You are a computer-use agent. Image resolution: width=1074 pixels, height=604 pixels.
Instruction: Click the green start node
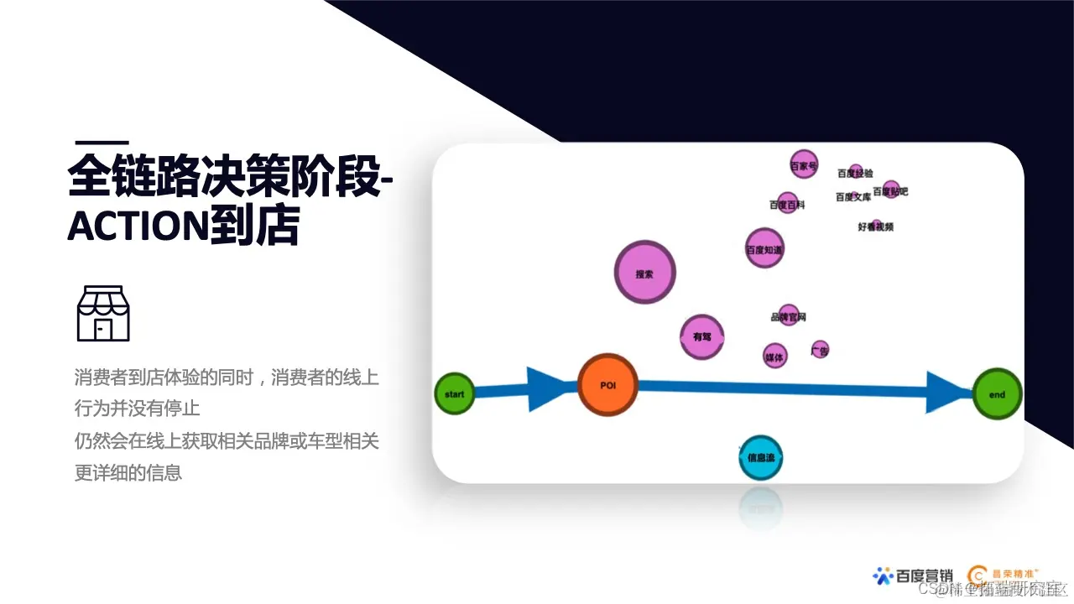pyautogui.click(x=455, y=393)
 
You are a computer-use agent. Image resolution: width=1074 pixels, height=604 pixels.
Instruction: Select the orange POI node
pyautogui.click(x=607, y=385)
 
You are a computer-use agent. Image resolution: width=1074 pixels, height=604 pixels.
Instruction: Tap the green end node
pyautogui.click(x=998, y=394)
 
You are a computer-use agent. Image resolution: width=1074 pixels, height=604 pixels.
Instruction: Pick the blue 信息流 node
pyautogui.click(x=761, y=458)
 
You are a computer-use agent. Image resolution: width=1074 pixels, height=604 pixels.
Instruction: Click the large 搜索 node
pyautogui.click(x=644, y=273)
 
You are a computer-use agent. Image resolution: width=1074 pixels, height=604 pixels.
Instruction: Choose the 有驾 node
pyautogui.click(x=701, y=337)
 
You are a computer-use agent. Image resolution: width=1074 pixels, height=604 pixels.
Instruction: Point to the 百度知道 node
pyautogui.click(x=764, y=248)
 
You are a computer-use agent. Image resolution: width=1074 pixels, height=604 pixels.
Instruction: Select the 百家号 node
pyautogui.click(x=804, y=165)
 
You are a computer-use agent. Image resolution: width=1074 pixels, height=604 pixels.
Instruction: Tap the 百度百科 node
pyautogui.click(x=787, y=203)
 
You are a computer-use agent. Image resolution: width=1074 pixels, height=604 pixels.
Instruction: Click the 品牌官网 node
pyautogui.click(x=789, y=316)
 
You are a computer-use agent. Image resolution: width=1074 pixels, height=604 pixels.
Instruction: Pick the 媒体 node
pyautogui.click(x=775, y=356)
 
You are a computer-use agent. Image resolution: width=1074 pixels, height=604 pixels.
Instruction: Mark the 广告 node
pyautogui.click(x=820, y=350)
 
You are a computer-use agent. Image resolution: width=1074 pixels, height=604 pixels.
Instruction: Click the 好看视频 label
pyautogui.click(x=875, y=226)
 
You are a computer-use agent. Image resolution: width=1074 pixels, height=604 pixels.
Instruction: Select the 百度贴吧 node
pyautogui.click(x=891, y=190)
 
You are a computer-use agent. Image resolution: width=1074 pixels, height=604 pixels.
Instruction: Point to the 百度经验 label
pyautogui.click(x=855, y=173)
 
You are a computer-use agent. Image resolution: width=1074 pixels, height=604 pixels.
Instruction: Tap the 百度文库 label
pyautogui.click(x=853, y=197)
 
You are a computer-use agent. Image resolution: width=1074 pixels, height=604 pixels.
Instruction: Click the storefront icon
pyautogui.click(x=103, y=313)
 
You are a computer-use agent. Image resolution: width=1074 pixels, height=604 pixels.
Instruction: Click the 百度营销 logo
pyautogui.click(x=913, y=575)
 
